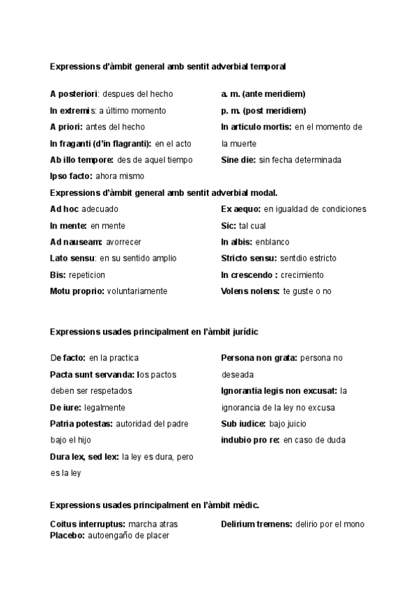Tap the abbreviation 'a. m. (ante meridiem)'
pyautogui.click(x=263, y=94)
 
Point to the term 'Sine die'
pyautogui.click(x=238, y=160)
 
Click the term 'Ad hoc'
pyautogui.click(x=64, y=209)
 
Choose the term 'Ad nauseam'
pyautogui.click(x=76, y=242)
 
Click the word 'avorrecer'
pyautogui.click(x=124, y=242)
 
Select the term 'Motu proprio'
pyautogui.click(x=77, y=291)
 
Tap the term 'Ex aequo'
pyautogui.click(x=240, y=209)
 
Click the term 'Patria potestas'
pyautogui.click(x=81, y=424)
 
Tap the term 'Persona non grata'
pyautogui.click(x=258, y=358)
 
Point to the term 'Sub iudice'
pyautogui.click(x=243, y=424)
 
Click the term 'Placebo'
pyautogui.click(x=67, y=536)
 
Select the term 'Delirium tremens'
pyautogui.click(x=256, y=524)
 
